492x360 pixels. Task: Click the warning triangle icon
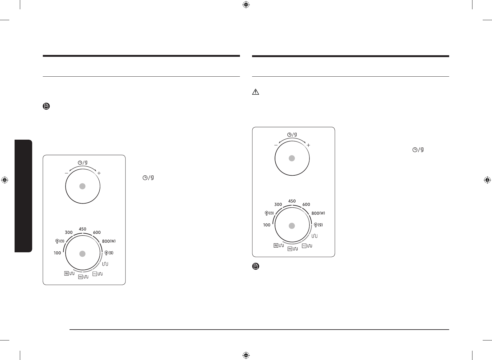coord(255,92)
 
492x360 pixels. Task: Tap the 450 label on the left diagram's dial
coord(83,229)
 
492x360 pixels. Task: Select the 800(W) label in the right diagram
coord(318,213)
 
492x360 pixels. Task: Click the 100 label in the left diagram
coord(57,253)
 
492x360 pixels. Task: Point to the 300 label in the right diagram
coord(278,204)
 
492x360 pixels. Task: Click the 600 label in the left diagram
coord(97,232)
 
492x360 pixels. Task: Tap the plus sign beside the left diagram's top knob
coord(99,173)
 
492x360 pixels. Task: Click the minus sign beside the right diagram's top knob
coord(276,145)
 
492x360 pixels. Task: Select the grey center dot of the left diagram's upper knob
coord(82,186)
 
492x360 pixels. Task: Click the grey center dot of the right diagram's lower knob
coord(292,226)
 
